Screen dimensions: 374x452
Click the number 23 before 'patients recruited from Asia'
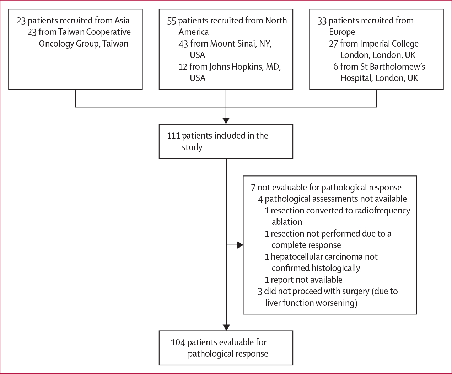[x=21, y=21]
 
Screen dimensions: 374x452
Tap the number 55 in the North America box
[x=172, y=21]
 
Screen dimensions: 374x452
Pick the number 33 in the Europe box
[x=322, y=21]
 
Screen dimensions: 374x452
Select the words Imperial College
[x=389, y=44]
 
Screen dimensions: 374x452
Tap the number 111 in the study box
[x=173, y=136]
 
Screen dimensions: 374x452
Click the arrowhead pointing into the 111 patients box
[x=226, y=120]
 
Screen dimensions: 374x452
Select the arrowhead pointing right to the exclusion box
[x=240, y=245]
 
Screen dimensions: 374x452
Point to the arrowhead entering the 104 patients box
[x=226, y=327]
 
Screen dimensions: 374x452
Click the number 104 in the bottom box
[x=178, y=342]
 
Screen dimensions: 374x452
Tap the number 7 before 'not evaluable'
[x=253, y=188]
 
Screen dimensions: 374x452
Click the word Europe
[x=342, y=32]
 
